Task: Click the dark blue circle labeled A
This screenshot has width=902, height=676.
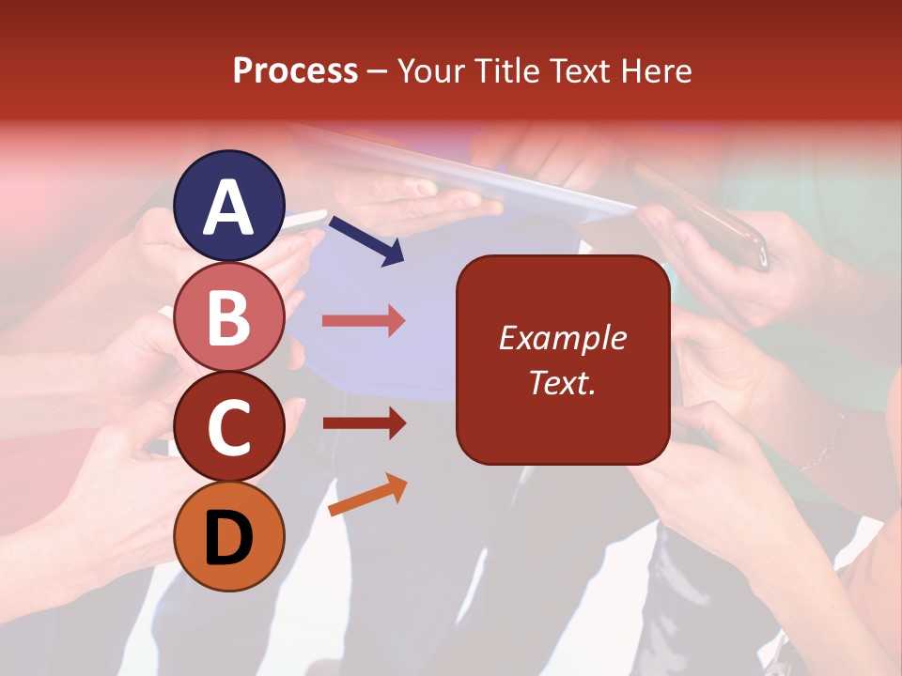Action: [x=229, y=206]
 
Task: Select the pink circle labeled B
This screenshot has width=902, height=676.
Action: [x=229, y=316]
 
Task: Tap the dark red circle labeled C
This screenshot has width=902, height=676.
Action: [x=229, y=426]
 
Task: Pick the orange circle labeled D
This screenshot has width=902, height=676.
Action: [x=229, y=536]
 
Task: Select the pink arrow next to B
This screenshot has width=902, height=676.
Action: [x=365, y=321]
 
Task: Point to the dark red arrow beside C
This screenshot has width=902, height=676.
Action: [x=365, y=423]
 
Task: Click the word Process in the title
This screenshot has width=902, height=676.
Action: [x=295, y=70]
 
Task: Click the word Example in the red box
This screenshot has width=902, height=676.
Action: [x=563, y=338]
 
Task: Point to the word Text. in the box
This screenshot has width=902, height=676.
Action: [x=563, y=382]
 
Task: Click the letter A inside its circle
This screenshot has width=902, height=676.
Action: [x=229, y=207]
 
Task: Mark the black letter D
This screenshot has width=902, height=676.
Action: [x=229, y=537]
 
